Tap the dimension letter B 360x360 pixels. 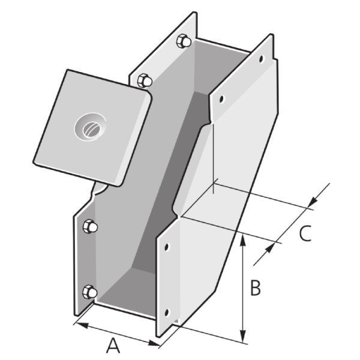(x=255, y=289)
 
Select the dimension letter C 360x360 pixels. (x=305, y=233)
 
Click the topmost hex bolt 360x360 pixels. (x=184, y=42)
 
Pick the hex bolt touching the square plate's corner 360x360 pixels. (x=145, y=80)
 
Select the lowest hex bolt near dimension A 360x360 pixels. (x=89, y=292)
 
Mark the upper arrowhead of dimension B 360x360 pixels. (x=243, y=238)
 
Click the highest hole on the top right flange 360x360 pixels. (x=260, y=59)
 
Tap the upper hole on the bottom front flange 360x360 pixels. (x=168, y=246)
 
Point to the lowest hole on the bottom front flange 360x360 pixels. (x=167, y=312)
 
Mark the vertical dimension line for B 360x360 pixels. (x=243, y=288)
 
